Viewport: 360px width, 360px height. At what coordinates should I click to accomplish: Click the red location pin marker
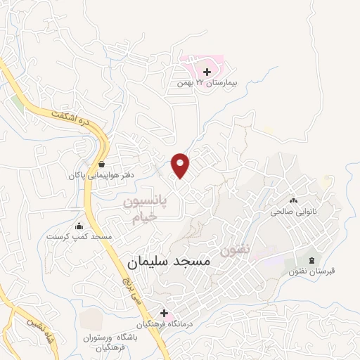pyautogui.click(x=181, y=165)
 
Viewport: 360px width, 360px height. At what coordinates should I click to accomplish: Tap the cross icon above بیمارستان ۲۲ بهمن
pyautogui.click(x=207, y=72)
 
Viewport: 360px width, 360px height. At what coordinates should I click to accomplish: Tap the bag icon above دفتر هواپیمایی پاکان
pyautogui.click(x=101, y=164)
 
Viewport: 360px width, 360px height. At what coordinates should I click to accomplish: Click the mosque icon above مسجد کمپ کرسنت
pyautogui.click(x=79, y=226)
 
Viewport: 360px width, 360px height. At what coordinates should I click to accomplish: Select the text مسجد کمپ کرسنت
pyautogui.click(x=79, y=237)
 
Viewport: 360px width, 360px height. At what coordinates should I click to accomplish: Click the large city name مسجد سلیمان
pyautogui.click(x=169, y=262)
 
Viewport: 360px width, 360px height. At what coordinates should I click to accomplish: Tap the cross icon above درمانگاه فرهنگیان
pyautogui.click(x=165, y=312)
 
